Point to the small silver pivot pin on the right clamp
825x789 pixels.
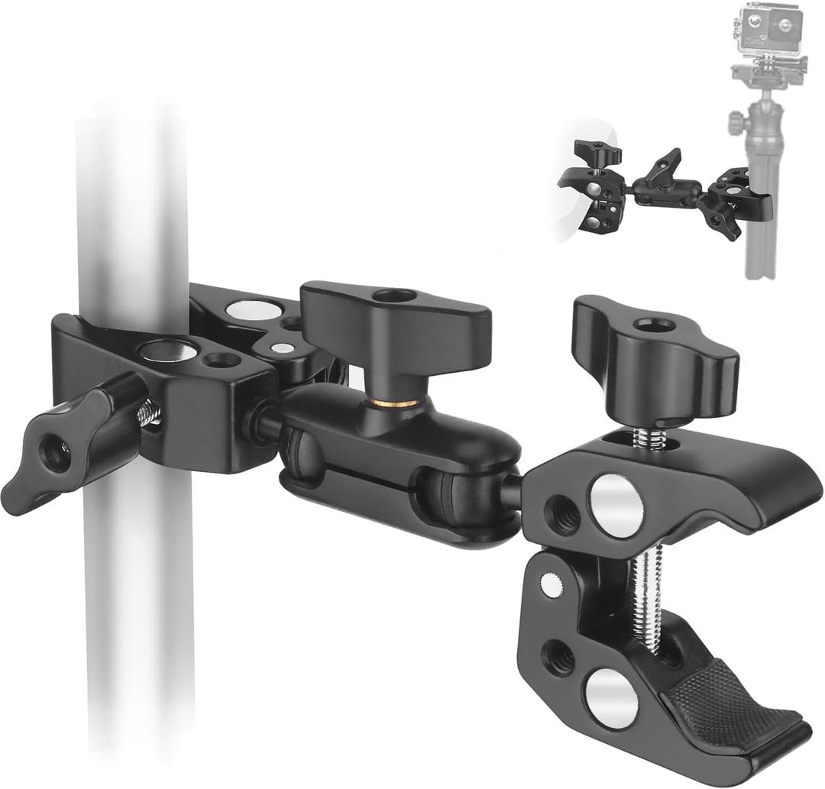click(x=547, y=584)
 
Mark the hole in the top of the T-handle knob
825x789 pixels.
click(x=395, y=295)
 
